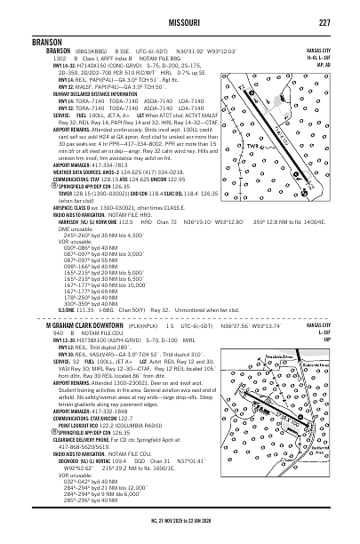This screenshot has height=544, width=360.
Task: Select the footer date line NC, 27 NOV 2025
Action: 180,536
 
